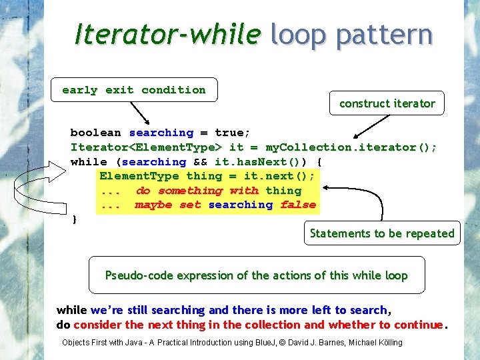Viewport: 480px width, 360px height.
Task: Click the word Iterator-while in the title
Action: click(166, 33)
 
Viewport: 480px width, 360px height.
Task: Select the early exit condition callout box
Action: click(134, 90)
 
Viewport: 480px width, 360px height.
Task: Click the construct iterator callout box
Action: click(387, 103)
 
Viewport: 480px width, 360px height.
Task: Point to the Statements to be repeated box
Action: click(382, 233)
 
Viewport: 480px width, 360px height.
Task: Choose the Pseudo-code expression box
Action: click(257, 275)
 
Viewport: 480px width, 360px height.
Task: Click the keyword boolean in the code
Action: click(95, 133)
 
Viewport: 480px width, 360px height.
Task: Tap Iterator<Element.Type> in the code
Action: click(147, 147)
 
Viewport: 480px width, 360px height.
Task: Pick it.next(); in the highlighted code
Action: click(279, 176)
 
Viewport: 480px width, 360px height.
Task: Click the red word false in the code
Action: click(298, 205)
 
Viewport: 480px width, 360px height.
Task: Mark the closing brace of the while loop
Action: click(74, 219)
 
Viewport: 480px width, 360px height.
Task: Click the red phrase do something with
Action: click(197, 191)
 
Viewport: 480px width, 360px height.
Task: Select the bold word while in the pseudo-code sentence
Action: click(72, 310)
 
